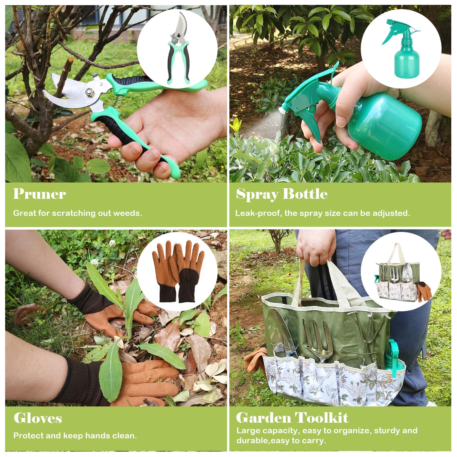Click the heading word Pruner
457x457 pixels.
coord(39,194)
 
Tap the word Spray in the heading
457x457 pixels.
coord(257,195)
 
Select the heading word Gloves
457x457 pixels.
coord(38,418)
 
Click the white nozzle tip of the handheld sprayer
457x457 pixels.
coord(283,109)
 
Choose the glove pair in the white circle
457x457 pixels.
coord(178,271)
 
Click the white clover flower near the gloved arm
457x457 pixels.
coord(112,243)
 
